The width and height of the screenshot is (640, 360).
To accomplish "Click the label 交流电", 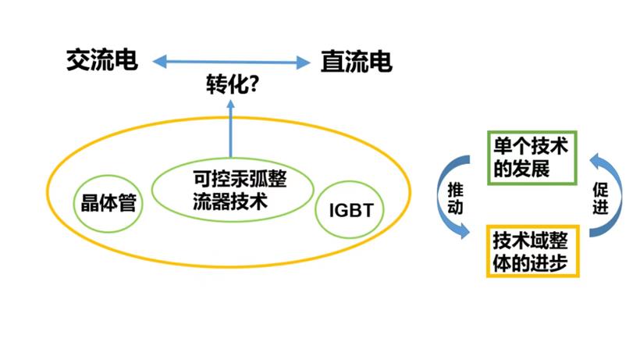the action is [x=102, y=60].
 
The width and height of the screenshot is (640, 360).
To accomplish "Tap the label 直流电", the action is [x=357, y=62].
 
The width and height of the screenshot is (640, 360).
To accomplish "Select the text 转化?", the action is [x=233, y=84].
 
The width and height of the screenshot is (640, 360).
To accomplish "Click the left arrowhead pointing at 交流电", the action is [x=159, y=62].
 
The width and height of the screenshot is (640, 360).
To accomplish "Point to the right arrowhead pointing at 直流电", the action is [x=304, y=62].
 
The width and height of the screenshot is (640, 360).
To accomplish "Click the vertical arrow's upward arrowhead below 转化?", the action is [x=230, y=104].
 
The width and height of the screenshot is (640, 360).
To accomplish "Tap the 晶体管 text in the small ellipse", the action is [x=108, y=203].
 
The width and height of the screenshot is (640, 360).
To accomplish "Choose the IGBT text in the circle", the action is [x=351, y=211].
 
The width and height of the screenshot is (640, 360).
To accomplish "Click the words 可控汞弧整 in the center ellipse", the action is [x=240, y=179].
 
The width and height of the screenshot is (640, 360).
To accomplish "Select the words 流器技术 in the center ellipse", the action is [x=230, y=201].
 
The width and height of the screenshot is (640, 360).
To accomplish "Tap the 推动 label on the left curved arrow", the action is [x=455, y=198].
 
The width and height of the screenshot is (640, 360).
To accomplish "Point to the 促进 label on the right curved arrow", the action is [x=600, y=198].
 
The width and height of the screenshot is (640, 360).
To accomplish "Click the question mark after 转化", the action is [x=254, y=84].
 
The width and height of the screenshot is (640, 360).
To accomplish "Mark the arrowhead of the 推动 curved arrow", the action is [x=464, y=231].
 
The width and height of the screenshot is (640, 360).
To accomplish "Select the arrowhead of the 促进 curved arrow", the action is [x=596, y=160].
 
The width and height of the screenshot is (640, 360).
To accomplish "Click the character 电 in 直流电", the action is [x=380, y=62].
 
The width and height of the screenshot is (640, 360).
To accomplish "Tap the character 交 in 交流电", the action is [x=78, y=60].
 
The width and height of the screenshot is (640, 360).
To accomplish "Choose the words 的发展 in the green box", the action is [x=521, y=169].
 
